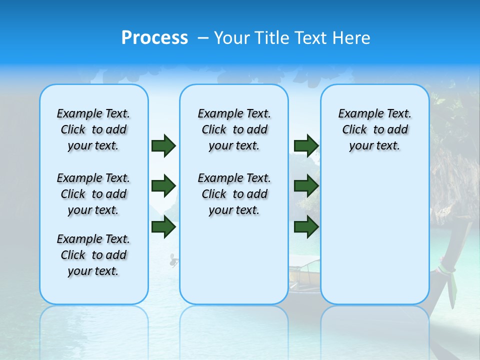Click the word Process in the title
pyautogui.click(x=154, y=38)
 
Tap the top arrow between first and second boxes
pyautogui.click(x=163, y=145)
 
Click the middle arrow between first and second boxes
pyautogui.click(x=163, y=186)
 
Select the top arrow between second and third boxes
pyautogui.click(x=306, y=145)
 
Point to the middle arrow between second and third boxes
pyautogui.click(x=306, y=186)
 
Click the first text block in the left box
pyautogui.click(x=93, y=129)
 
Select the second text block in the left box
pyautogui.click(x=93, y=194)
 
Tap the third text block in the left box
pyautogui.click(x=93, y=255)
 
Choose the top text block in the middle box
pyautogui.click(x=234, y=129)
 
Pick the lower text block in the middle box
pyautogui.click(x=234, y=194)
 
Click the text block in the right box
pyautogui.click(x=375, y=129)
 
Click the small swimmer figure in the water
pyautogui.click(x=173, y=260)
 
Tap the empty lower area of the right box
pyautogui.click(x=375, y=240)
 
